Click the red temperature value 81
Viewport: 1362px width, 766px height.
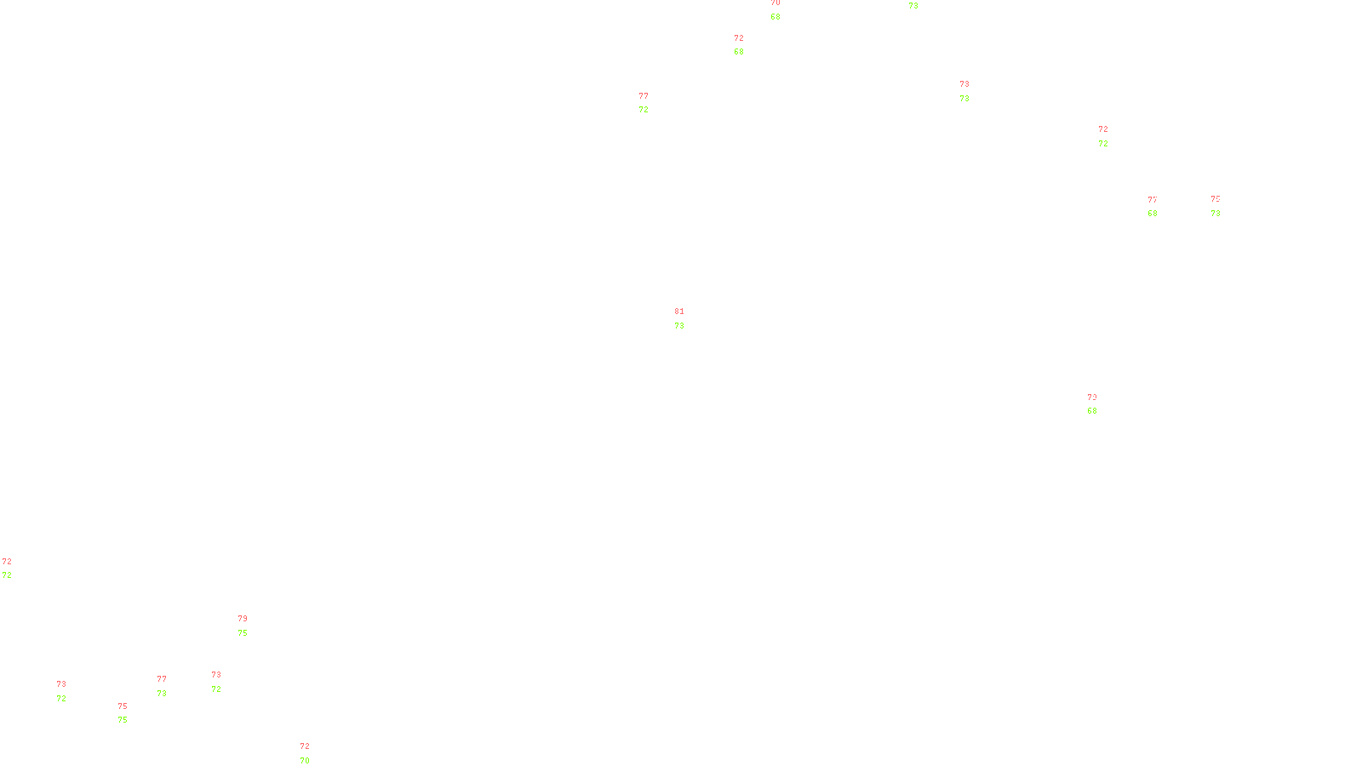(679, 312)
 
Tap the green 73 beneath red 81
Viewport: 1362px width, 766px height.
(679, 326)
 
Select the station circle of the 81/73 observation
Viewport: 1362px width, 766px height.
(688, 318)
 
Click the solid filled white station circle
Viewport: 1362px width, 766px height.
(70, 691)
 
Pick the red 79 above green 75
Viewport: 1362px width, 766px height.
(243, 619)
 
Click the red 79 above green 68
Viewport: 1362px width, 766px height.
(1092, 397)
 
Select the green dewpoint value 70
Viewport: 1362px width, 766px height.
(305, 761)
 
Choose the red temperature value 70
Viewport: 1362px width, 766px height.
(775, 3)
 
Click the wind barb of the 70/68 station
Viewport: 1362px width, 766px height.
(771, 9)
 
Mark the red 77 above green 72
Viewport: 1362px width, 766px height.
(644, 96)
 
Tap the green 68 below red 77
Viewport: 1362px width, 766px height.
(1153, 214)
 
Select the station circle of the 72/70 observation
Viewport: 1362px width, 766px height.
(312, 754)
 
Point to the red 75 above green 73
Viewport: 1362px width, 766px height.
(1216, 199)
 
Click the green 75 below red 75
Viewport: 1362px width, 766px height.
(123, 720)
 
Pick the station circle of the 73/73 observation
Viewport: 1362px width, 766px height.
(973, 91)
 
